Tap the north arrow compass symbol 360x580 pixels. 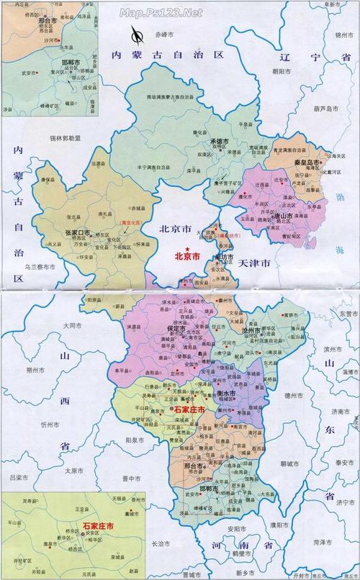[x=135, y=34]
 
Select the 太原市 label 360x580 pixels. [x=73, y=471]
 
